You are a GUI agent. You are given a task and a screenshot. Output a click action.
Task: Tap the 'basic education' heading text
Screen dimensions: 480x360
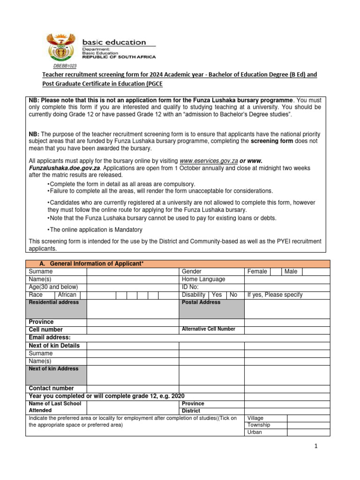coord(114,42)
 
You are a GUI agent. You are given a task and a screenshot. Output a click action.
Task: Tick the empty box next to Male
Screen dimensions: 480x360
coord(309,271)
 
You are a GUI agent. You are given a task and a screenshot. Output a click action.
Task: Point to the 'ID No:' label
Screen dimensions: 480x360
coord(190,287)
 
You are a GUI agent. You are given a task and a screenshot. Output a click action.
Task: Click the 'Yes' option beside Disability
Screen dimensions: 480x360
coord(217,295)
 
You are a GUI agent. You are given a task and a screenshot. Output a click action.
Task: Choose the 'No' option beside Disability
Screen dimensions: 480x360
coord(233,295)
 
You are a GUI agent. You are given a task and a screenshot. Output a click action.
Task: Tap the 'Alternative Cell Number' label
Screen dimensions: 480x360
coord(208,329)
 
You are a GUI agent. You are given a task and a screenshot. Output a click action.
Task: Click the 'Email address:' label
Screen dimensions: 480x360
coord(50,337)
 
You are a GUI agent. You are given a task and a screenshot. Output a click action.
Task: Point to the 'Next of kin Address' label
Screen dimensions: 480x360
coord(54,369)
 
